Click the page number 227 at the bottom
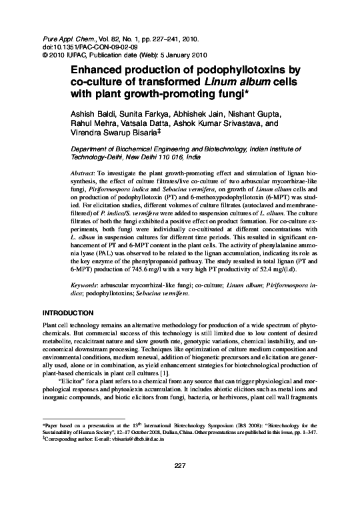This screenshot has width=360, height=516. point(179,465)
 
